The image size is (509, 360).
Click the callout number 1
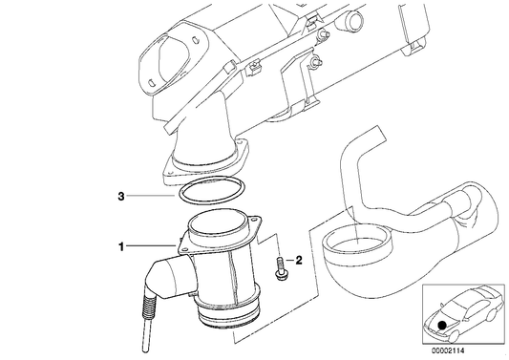click(x=120, y=247)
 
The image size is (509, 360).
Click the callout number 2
click(x=298, y=260)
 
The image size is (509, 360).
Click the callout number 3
click(x=120, y=196)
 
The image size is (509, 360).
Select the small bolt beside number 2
click(x=279, y=267)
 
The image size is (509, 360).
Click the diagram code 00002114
click(x=448, y=350)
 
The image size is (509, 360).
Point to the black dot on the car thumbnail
click(x=442, y=325)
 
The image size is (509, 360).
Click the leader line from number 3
click(x=151, y=196)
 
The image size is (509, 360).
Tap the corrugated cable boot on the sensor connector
click(x=150, y=307)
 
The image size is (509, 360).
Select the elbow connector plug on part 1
click(x=169, y=278)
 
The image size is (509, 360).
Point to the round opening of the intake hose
click(x=357, y=242)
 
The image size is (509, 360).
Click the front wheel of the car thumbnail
click(x=454, y=336)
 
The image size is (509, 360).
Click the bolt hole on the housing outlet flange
click(x=241, y=142)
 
